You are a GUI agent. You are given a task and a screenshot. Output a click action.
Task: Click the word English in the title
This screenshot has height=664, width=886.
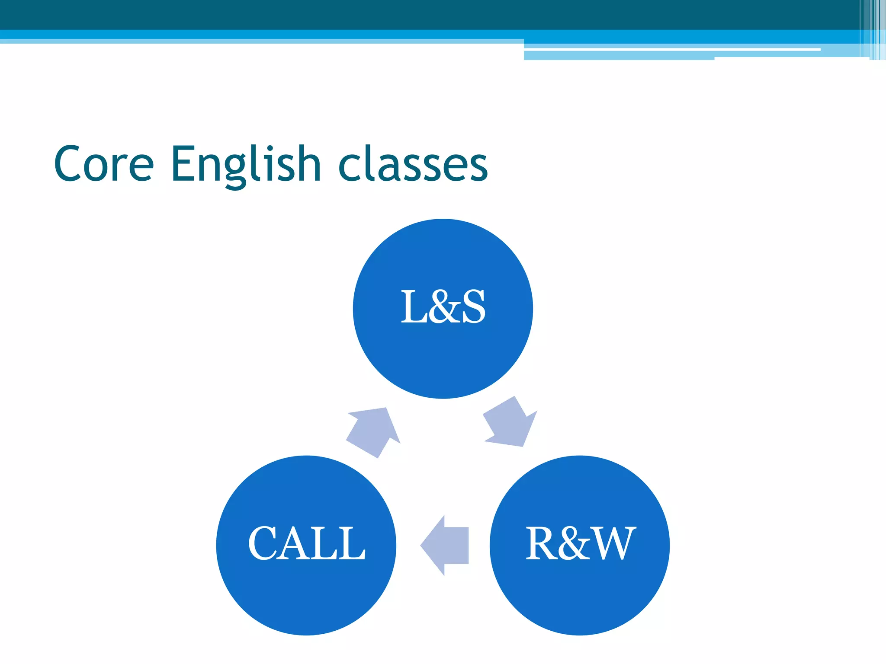coord(245,164)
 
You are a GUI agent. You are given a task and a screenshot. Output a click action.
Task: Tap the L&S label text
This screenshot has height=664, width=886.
coord(443,307)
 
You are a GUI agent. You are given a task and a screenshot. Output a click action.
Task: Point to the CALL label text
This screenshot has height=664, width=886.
coord(306,543)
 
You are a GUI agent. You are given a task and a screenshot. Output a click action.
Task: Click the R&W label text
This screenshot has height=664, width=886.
coord(580,543)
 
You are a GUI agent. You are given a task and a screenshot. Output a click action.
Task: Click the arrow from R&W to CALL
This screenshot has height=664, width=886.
coord(446,545)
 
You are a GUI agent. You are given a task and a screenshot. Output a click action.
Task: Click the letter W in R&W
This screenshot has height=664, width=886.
coord(614,543)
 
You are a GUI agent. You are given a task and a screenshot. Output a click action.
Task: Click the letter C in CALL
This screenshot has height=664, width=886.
coord(264,543)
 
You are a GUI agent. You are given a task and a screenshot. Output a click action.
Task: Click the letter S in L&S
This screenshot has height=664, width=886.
coord(473,307)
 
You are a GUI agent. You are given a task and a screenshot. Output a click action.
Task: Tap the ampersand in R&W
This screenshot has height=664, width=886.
coord(575,544)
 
